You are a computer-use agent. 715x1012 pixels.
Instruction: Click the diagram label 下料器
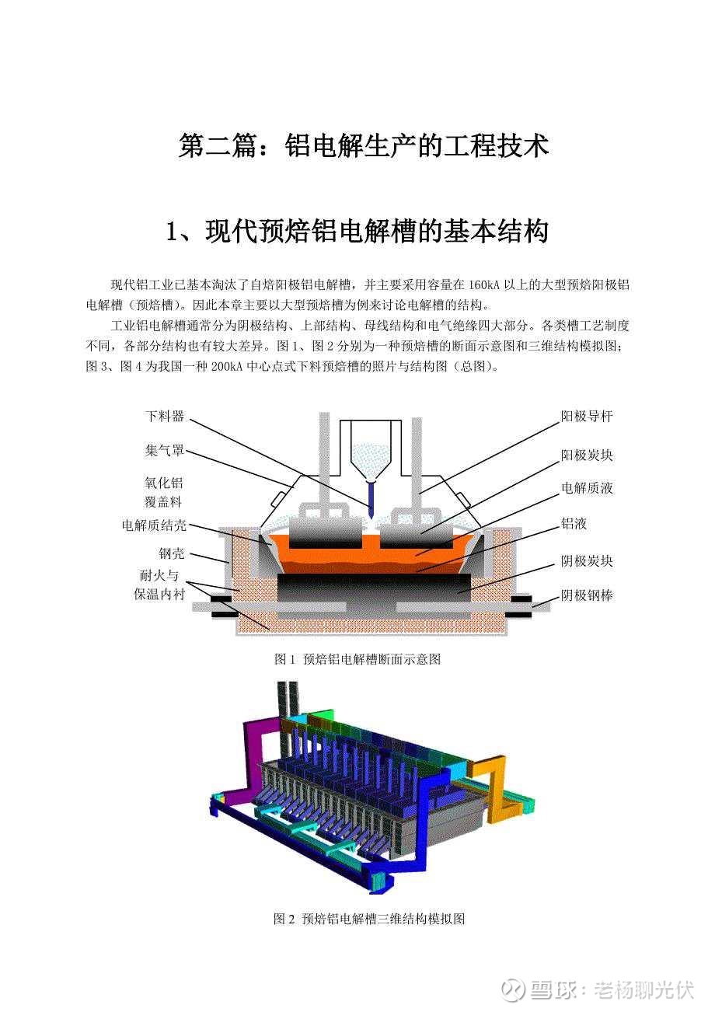165,416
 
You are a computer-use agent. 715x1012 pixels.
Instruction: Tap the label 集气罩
165,451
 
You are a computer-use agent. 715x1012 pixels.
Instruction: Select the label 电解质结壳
154,525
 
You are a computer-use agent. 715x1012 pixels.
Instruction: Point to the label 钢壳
172,553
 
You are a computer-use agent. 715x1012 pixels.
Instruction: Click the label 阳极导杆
587,416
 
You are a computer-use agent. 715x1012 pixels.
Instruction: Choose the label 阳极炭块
587,455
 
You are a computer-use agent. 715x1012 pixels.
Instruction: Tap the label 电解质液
587,488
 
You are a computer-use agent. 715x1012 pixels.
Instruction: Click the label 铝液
574,524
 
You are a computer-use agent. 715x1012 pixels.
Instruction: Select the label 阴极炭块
587,561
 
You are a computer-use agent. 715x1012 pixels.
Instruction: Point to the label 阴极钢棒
587,595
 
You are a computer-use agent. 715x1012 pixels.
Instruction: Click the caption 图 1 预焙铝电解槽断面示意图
357,659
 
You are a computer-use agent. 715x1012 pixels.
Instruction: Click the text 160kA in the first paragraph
483,285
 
